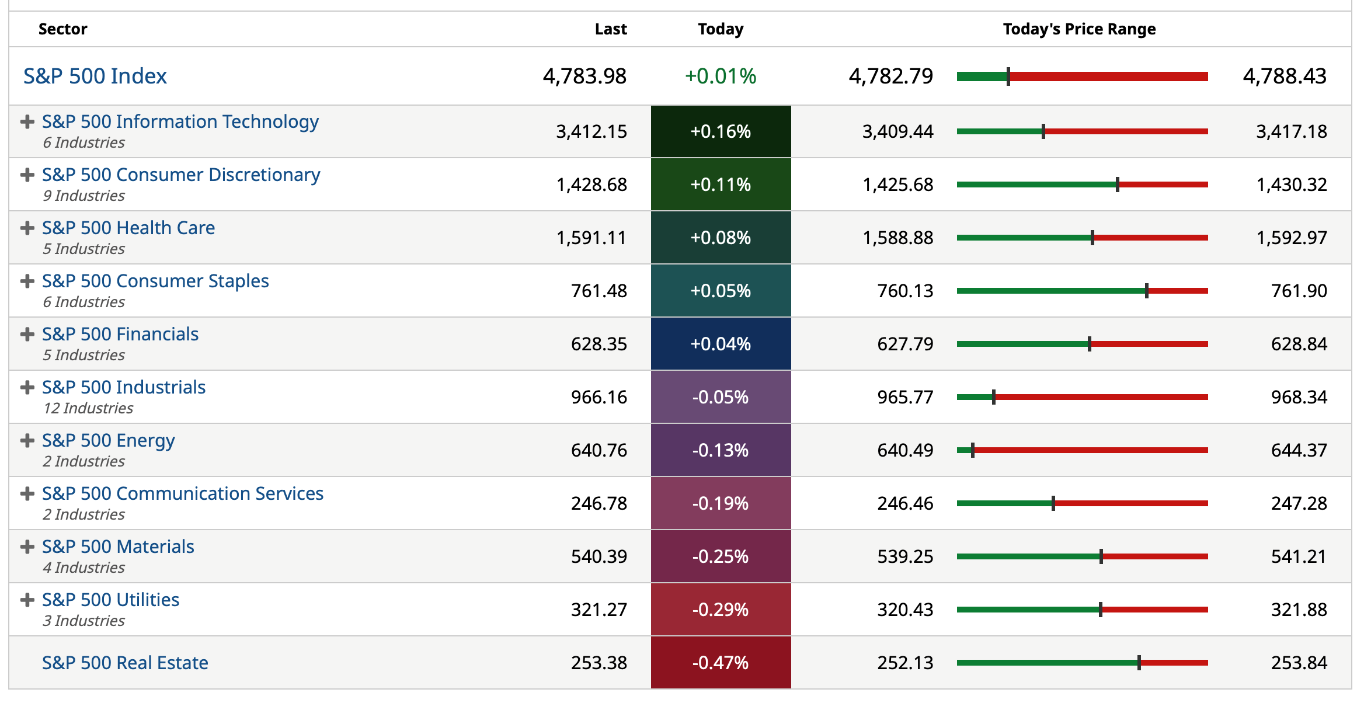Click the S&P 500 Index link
pyautogui.click(x=95, y=76)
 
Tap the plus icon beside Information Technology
pyautogui.click(x=27, y=121)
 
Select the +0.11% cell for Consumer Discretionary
pyautogui.click(x=721, y=185)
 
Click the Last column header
pyautogui.click(x=610, y=29)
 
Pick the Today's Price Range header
pyautogui.click(x=1079, y=29)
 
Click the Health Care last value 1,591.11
pyautogui.click(x=591, y=238)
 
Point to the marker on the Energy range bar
pyautogui.click(x=973, y=450)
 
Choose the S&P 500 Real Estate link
pyautogui.click(x=125, y=663)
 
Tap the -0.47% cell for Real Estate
pyautogui.click(x=721, y=663)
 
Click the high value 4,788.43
pyautogui.click(x=1285, y=76)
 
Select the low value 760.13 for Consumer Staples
pyautogui.click(x=905, y=291)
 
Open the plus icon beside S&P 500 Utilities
pyautogui.click(x=27, y=600)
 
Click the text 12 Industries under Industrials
pyautogui.click(x=88, y=408)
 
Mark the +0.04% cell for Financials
pyautogui.click(x=721, y=344)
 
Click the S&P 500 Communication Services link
pyautogui.click(x=183, y=493)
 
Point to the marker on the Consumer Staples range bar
pyautogui.click(x=1147, y=291)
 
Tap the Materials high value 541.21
pyautogui.click(x=1299, y=556)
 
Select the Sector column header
pyautogui.click(x=62, y=29)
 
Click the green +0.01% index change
pyautogui.click(x=721, y=76)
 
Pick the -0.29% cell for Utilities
pyautogui.click(x=721, y=610)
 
